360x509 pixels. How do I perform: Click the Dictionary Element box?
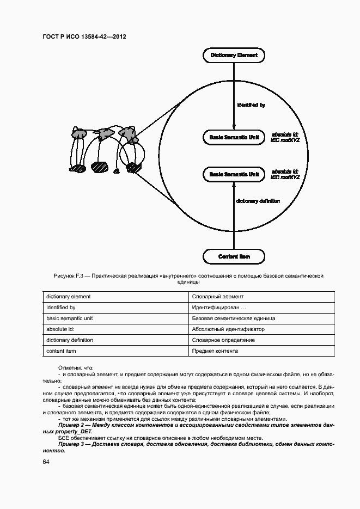(234, 55)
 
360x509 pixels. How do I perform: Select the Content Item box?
(234, 256)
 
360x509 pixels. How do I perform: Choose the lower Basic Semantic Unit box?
(234, 174)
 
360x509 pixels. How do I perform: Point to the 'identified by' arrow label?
(251, 105)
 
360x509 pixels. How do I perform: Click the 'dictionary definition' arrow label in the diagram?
(258, 201)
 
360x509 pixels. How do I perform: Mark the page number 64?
(46, 462)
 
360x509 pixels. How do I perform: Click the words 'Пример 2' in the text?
(71, 425)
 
